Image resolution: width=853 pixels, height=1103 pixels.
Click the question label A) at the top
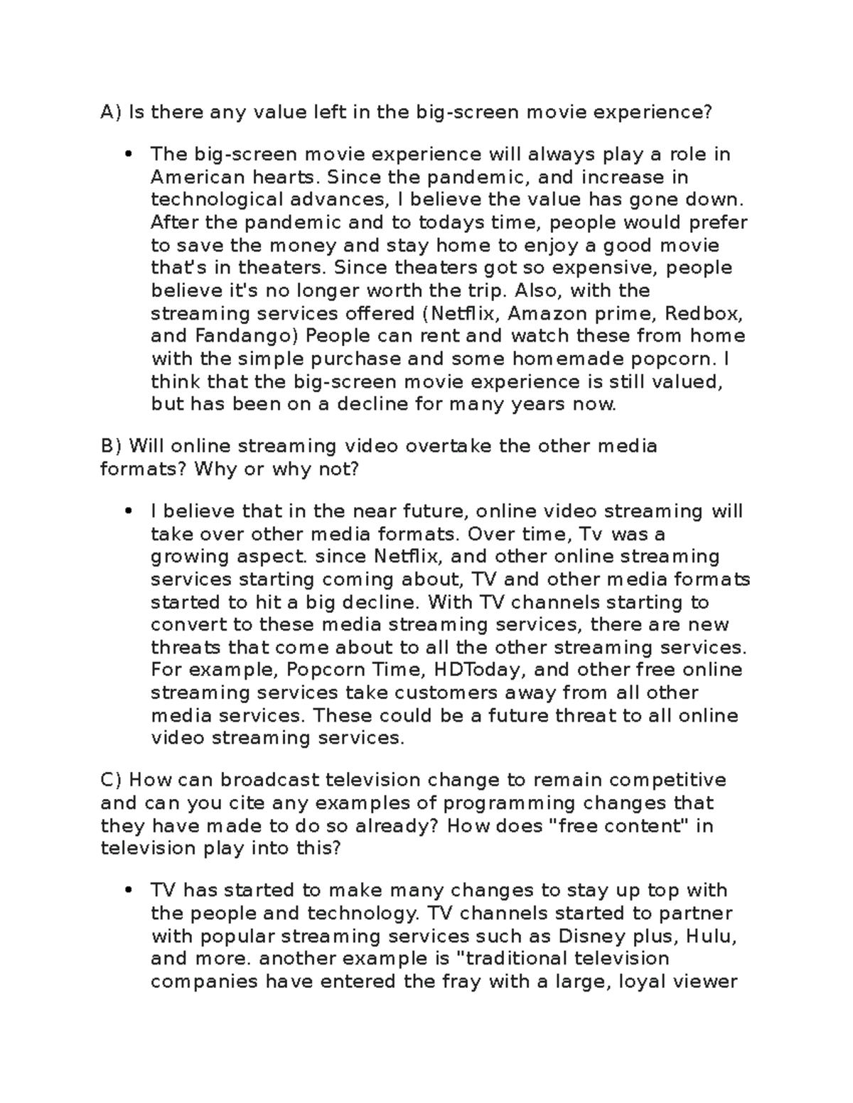pos(112,112)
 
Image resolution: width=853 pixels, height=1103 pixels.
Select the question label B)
pos(112,446)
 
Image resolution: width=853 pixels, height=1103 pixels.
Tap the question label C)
pos(112,780)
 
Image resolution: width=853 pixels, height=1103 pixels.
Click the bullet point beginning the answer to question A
pos(129,155)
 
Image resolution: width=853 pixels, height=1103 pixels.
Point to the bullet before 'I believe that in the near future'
pos(129,511)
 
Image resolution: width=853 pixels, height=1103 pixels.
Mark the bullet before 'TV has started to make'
pos(129,891)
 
